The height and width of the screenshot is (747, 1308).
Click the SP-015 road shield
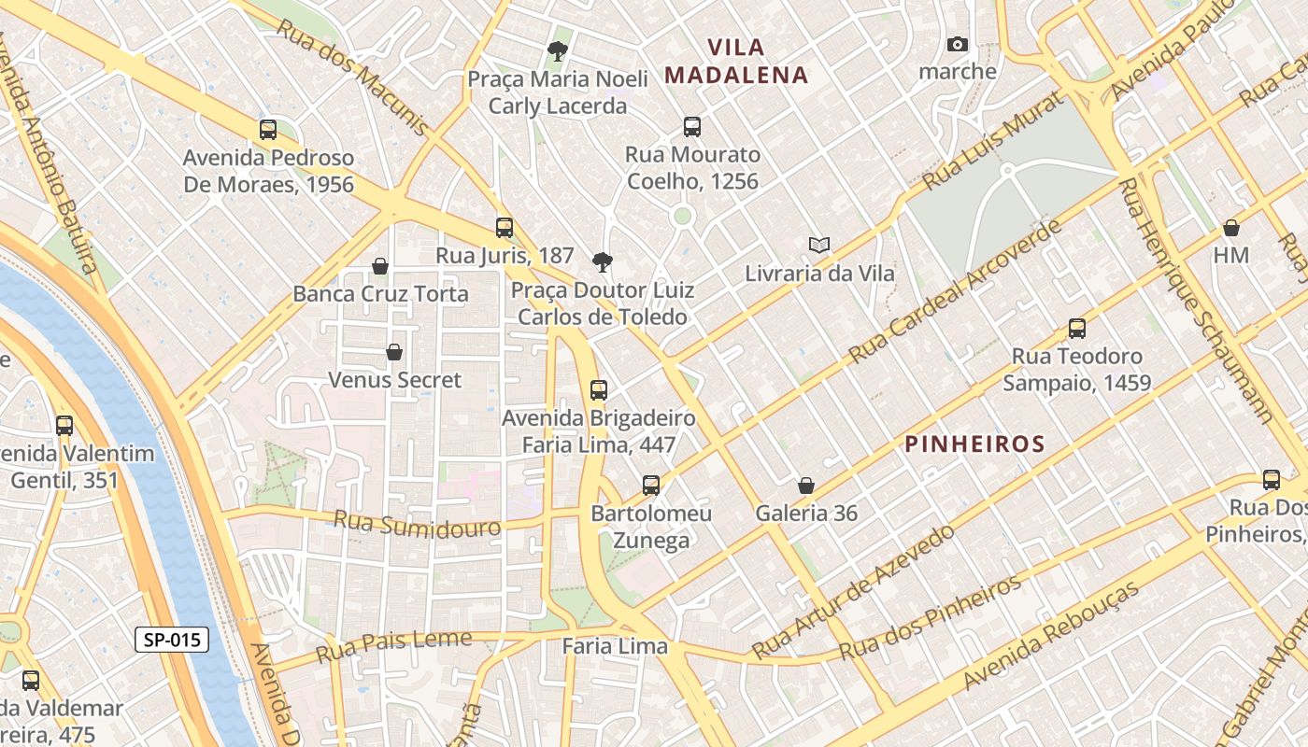click(172, 640)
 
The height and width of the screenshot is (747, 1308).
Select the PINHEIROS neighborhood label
click(974, 444)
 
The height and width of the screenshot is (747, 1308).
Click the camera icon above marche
click(957, 44)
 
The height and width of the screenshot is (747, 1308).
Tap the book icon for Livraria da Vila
click(819, 245)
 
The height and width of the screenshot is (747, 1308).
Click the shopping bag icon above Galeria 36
click(806, 486)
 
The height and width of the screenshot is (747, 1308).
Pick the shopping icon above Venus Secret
click(394, 352)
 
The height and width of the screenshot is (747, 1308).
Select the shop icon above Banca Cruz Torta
click(380, 266)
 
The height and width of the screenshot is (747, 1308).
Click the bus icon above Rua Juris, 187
click(505, 227)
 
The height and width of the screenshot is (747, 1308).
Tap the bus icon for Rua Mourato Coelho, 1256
click(692, 127)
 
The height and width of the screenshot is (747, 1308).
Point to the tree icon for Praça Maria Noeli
click(558, 50)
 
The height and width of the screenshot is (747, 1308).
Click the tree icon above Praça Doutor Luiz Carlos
click(603, 262)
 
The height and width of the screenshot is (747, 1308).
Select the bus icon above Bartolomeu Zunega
click(651, 486)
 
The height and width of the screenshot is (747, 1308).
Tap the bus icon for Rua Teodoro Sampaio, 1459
click(1077, 329)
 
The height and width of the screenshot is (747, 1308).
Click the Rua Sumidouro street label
click(417, 524)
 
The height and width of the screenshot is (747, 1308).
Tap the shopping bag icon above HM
click(1231, 228)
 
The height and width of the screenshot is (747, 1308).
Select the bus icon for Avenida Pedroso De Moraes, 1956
click(268, 130)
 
